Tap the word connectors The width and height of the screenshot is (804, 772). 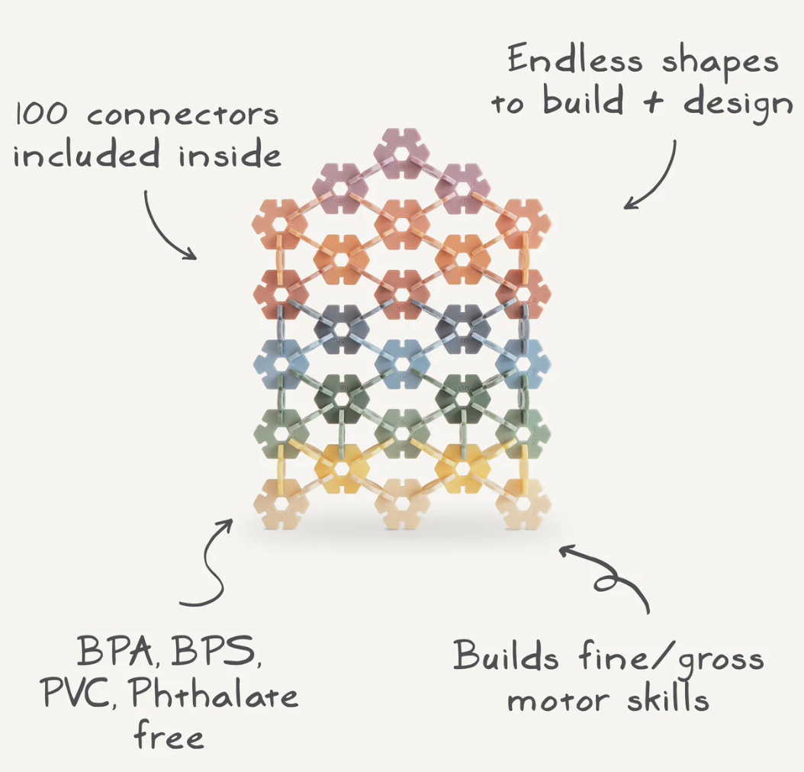tap(183, 116)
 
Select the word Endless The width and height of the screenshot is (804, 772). tap(574, 60)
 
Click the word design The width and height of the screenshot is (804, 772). tap(738, 103)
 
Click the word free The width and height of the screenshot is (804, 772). tap(169, 735)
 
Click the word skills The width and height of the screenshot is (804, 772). tap(666, 698)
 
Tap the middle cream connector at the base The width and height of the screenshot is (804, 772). tap(401, 503)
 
